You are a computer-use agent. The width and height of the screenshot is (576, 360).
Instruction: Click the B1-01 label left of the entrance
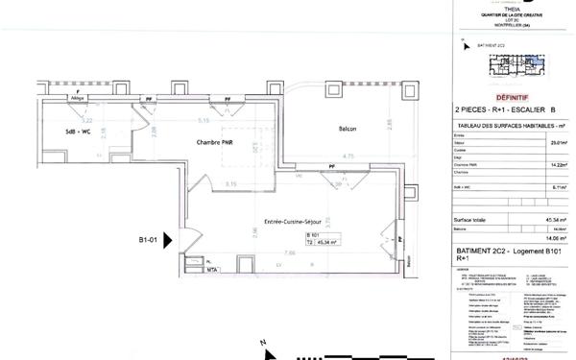pos(148,241)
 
